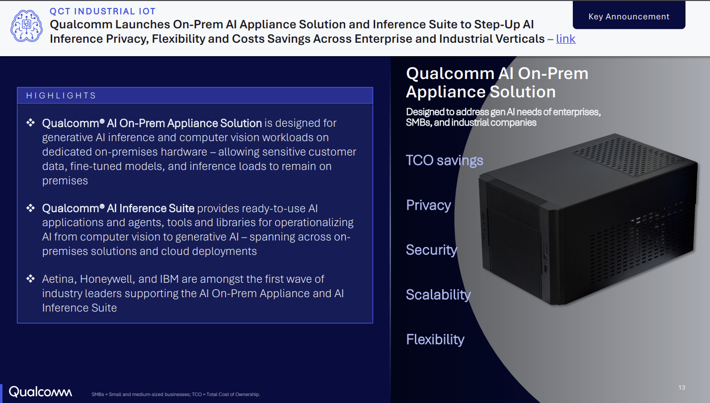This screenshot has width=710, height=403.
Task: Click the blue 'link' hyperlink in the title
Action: [x=565, y=39]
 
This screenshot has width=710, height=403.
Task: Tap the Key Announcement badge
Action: [x=629, y=15]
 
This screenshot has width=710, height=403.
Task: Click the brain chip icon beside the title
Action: [x=26, y=26]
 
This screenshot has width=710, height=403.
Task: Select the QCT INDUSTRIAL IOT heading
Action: [x=102, y=11]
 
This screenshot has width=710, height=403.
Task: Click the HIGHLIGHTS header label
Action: [x=61, y=95]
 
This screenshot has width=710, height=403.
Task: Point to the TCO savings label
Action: [x=444, y=161]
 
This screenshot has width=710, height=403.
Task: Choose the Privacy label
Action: [x=429, y=205]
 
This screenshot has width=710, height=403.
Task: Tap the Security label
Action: [x=431, y=250]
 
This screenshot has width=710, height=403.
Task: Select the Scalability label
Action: [x=438, y=295]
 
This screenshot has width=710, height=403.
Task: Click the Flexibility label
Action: [x=435, y=339]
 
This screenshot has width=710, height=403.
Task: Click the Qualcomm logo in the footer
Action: [x=40, y=392]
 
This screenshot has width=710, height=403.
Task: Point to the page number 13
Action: [x=682, y=388]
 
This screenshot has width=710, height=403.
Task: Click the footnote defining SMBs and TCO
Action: [x=176, y=395]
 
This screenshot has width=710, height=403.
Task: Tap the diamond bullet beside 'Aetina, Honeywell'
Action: [x=30, y=279]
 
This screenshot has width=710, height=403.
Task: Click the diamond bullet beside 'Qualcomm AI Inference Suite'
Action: [x=30, y=208]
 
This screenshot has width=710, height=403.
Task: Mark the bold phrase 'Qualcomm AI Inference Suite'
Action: [x=118, y=208]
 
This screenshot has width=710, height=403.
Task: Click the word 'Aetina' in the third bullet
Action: [x=59, y=279]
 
